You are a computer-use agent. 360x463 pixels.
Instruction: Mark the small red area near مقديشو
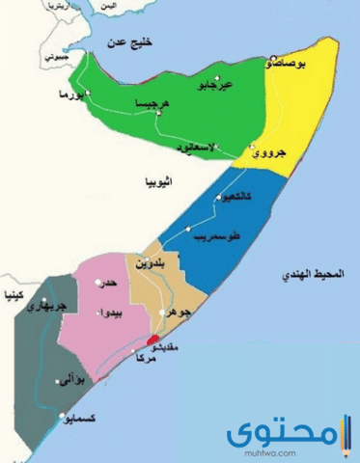(x=151, y=340)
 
